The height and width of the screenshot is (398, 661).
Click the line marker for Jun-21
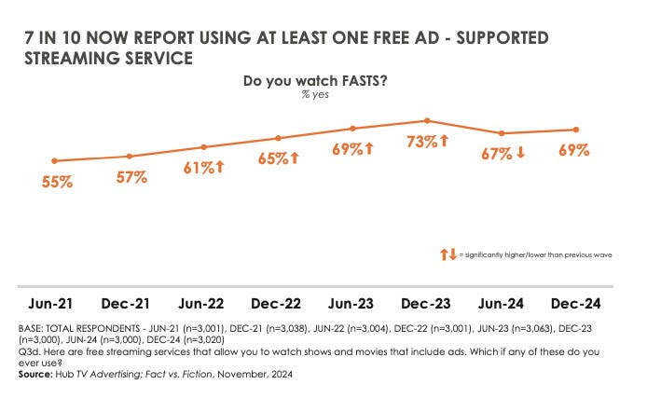coord(55,161)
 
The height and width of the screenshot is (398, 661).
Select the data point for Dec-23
coord(427,120)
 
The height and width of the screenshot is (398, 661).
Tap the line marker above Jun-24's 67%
coord(502,133)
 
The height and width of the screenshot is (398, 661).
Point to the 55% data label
coord(57,183)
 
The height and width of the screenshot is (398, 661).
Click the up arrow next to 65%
coord(295,158)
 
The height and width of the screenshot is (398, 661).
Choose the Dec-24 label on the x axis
coord(576,304)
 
